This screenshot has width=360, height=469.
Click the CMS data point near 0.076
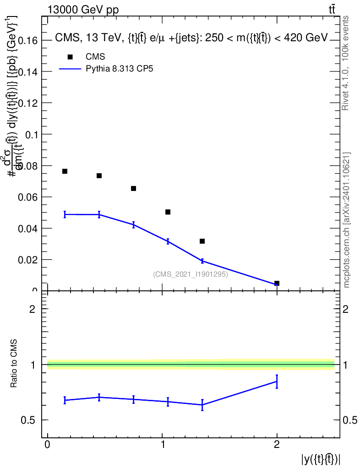tap(65, 171)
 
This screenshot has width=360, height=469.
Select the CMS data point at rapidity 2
tap(277, 284)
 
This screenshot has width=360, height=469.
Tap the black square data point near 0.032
tap(202, 241)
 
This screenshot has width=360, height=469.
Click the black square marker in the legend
tap(70, 57)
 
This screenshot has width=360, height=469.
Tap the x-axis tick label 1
tap(163, 445)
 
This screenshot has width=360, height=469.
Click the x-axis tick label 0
tap(48, 445)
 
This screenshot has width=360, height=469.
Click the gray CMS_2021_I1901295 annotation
tap(191, 274)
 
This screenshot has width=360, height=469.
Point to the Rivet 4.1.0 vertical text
tap(346, 63)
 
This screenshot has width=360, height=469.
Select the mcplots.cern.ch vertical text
tap(347, 220)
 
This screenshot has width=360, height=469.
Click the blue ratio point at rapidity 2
tap(277, 382)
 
